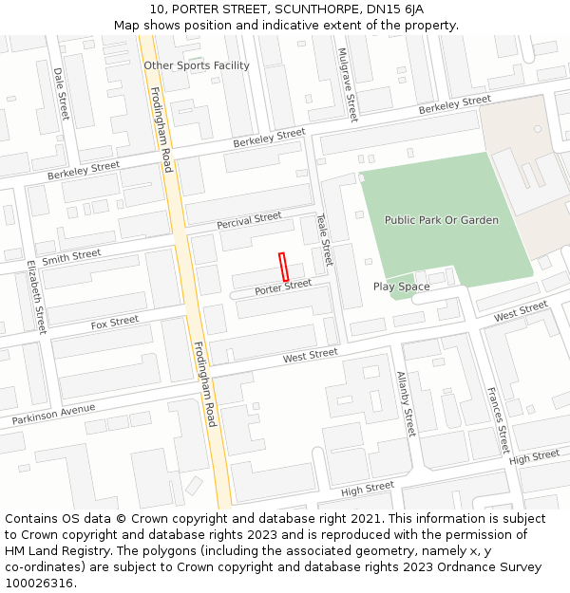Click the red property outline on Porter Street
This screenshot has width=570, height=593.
pyautogui.click(x=283, y=267)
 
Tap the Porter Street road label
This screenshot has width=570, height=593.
pyautogui.click(x=283, y=287)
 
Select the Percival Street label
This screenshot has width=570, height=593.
pyautogui.click(x=249, y=221)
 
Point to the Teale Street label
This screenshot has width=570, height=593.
pyautogui.click(x=325, y=238)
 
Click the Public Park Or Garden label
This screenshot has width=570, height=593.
pyautogui.click(x=441, y=220)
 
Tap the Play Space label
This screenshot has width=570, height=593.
pyautogui.click(x=401, y=287)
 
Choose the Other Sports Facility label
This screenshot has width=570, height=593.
pyautogui.click(x=197, y=65)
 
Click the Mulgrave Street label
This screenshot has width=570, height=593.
pyautogui.click(x=348, y=84)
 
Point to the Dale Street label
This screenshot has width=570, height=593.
pyautogui.click(x=61, y=94)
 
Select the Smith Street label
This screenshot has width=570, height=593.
pyautogui.click(x=71, y=256)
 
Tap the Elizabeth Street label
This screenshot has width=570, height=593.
pyautogui.click(x=36, y=296)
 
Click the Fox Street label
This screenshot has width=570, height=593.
pyautogui.click(x=115, y=324)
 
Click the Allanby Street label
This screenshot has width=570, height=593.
pyautogui.click(x=406, y=404)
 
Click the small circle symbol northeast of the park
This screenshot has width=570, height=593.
pyautogui.click(x=537, y=128)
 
